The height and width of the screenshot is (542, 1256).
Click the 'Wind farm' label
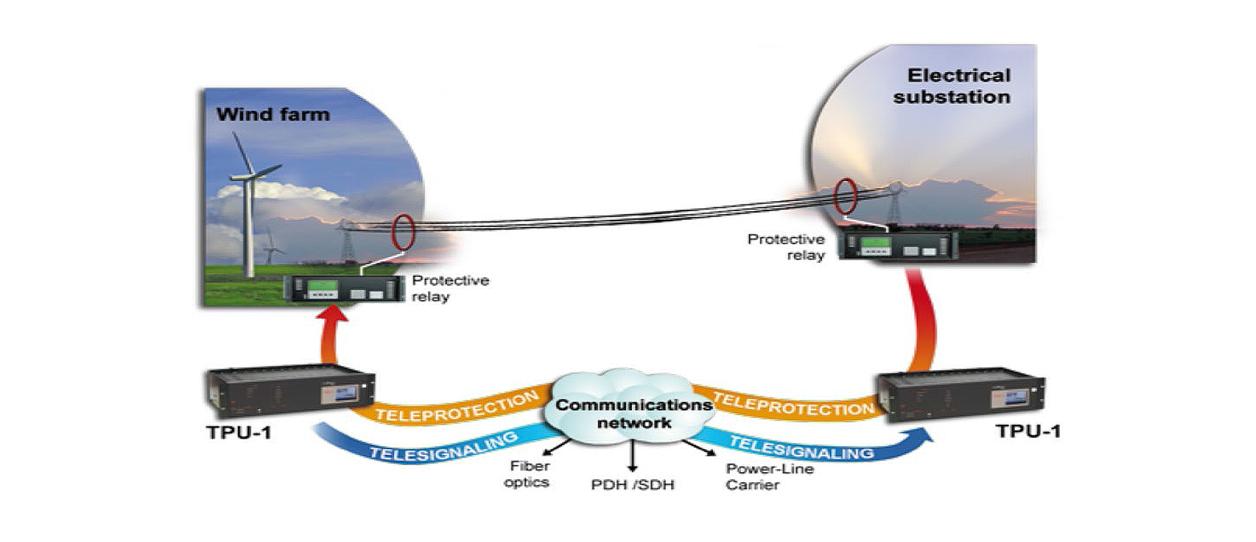point(272,114)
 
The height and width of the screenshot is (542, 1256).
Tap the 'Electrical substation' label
point(952,86)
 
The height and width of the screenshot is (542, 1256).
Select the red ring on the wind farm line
point(402,232)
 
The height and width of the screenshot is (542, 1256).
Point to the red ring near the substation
point(845,196)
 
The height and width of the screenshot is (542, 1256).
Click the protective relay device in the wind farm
point(344,289)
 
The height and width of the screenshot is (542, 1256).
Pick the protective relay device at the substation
point(897,244)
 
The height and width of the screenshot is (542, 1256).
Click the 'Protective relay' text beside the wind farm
point(450,288)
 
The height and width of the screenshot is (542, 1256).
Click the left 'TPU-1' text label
point(239,432)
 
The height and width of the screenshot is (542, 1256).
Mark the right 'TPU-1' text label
point(1028,431)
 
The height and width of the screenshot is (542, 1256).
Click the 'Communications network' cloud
point(633,412)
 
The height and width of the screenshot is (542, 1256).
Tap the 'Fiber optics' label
point(528,474)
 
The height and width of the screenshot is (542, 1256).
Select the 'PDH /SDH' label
point(633,485)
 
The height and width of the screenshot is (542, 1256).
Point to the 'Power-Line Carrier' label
point(769,476)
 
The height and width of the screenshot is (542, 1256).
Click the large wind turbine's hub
point(251,176)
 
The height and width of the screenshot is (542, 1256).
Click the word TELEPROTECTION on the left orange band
point(457,407)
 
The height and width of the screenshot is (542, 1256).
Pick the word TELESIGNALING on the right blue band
point(801,448)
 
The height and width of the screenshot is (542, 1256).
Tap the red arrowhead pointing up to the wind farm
point(332,312)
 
